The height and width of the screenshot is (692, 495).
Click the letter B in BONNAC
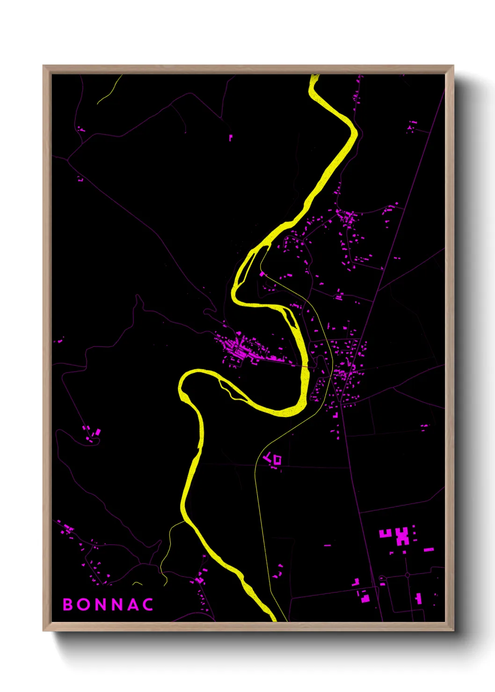click(x=68, y=604)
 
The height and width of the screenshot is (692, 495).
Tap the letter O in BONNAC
click(x=84, y=604)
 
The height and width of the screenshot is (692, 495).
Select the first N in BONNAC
click(x=101, y=604)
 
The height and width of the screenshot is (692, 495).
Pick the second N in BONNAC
click(x=117, y=604)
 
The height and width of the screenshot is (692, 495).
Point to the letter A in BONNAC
click(x=133, y=604)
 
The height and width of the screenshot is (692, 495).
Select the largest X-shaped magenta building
click(x=402, y=536)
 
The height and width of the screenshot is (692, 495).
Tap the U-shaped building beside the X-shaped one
click(x=385, y=533)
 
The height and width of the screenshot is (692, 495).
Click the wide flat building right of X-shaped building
click(x=429, y=549)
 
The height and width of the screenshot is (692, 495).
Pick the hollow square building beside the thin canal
click(x=277, y=460)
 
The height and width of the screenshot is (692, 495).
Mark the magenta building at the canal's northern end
click(x=262, y=274)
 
